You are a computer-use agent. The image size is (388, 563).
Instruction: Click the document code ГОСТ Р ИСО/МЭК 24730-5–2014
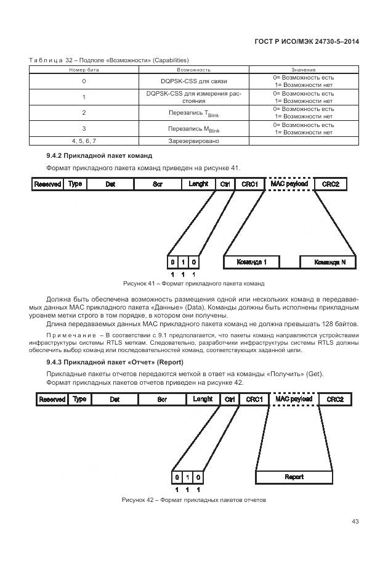pos(307,41)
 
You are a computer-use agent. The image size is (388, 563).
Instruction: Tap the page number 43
pos(355,522)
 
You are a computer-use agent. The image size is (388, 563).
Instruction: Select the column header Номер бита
pos(84,70)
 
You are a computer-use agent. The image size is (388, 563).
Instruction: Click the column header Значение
pos(303,70)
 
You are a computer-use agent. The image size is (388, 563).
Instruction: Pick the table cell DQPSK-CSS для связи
pos(193,81)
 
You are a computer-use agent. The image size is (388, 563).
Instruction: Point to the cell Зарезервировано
pos(193,140)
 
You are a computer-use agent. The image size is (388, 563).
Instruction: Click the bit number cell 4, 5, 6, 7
pos(84,140)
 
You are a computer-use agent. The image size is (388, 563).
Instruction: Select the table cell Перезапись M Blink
pos(193,129)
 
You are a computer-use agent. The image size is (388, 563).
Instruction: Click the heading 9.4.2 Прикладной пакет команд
pos(99,155)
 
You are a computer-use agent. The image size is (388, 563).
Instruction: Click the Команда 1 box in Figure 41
pos(252,262)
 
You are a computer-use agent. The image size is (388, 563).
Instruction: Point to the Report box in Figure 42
pos(294,477)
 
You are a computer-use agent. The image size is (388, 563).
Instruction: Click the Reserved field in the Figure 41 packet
pos(47,184)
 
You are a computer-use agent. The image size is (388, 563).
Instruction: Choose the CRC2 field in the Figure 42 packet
pos(335,400)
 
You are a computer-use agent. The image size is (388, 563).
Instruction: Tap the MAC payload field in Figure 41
pos(291,184)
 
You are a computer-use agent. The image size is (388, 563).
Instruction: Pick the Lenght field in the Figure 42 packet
pos(203,400)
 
